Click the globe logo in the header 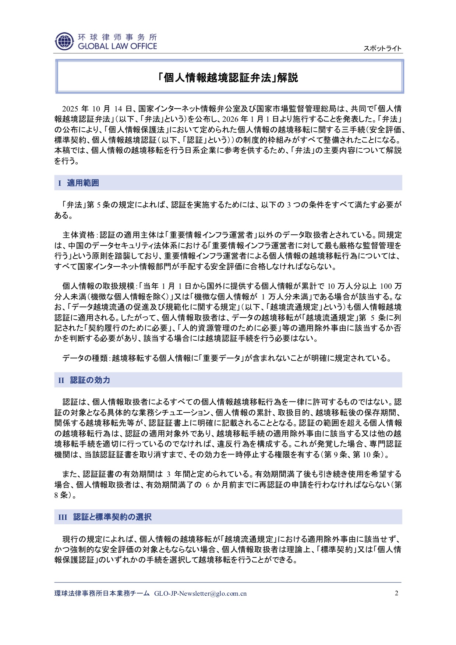[x=64, y=41]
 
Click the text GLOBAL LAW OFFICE [x=117, y=46]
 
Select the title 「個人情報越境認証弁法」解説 [x=228, y=78]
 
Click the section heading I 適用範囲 [x=79, y=183]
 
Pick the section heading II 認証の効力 [x=84, y=380]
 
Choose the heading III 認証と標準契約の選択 [x=105, y=517]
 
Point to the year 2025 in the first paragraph [x=70, y=109]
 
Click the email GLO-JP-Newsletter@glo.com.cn [x=200, y=593]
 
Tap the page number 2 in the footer [x=396, y=593]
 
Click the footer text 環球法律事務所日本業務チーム [x=102, y=593]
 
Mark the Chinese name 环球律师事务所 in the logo [x=117, y=37]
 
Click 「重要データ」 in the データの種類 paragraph [x=222, y=358]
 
